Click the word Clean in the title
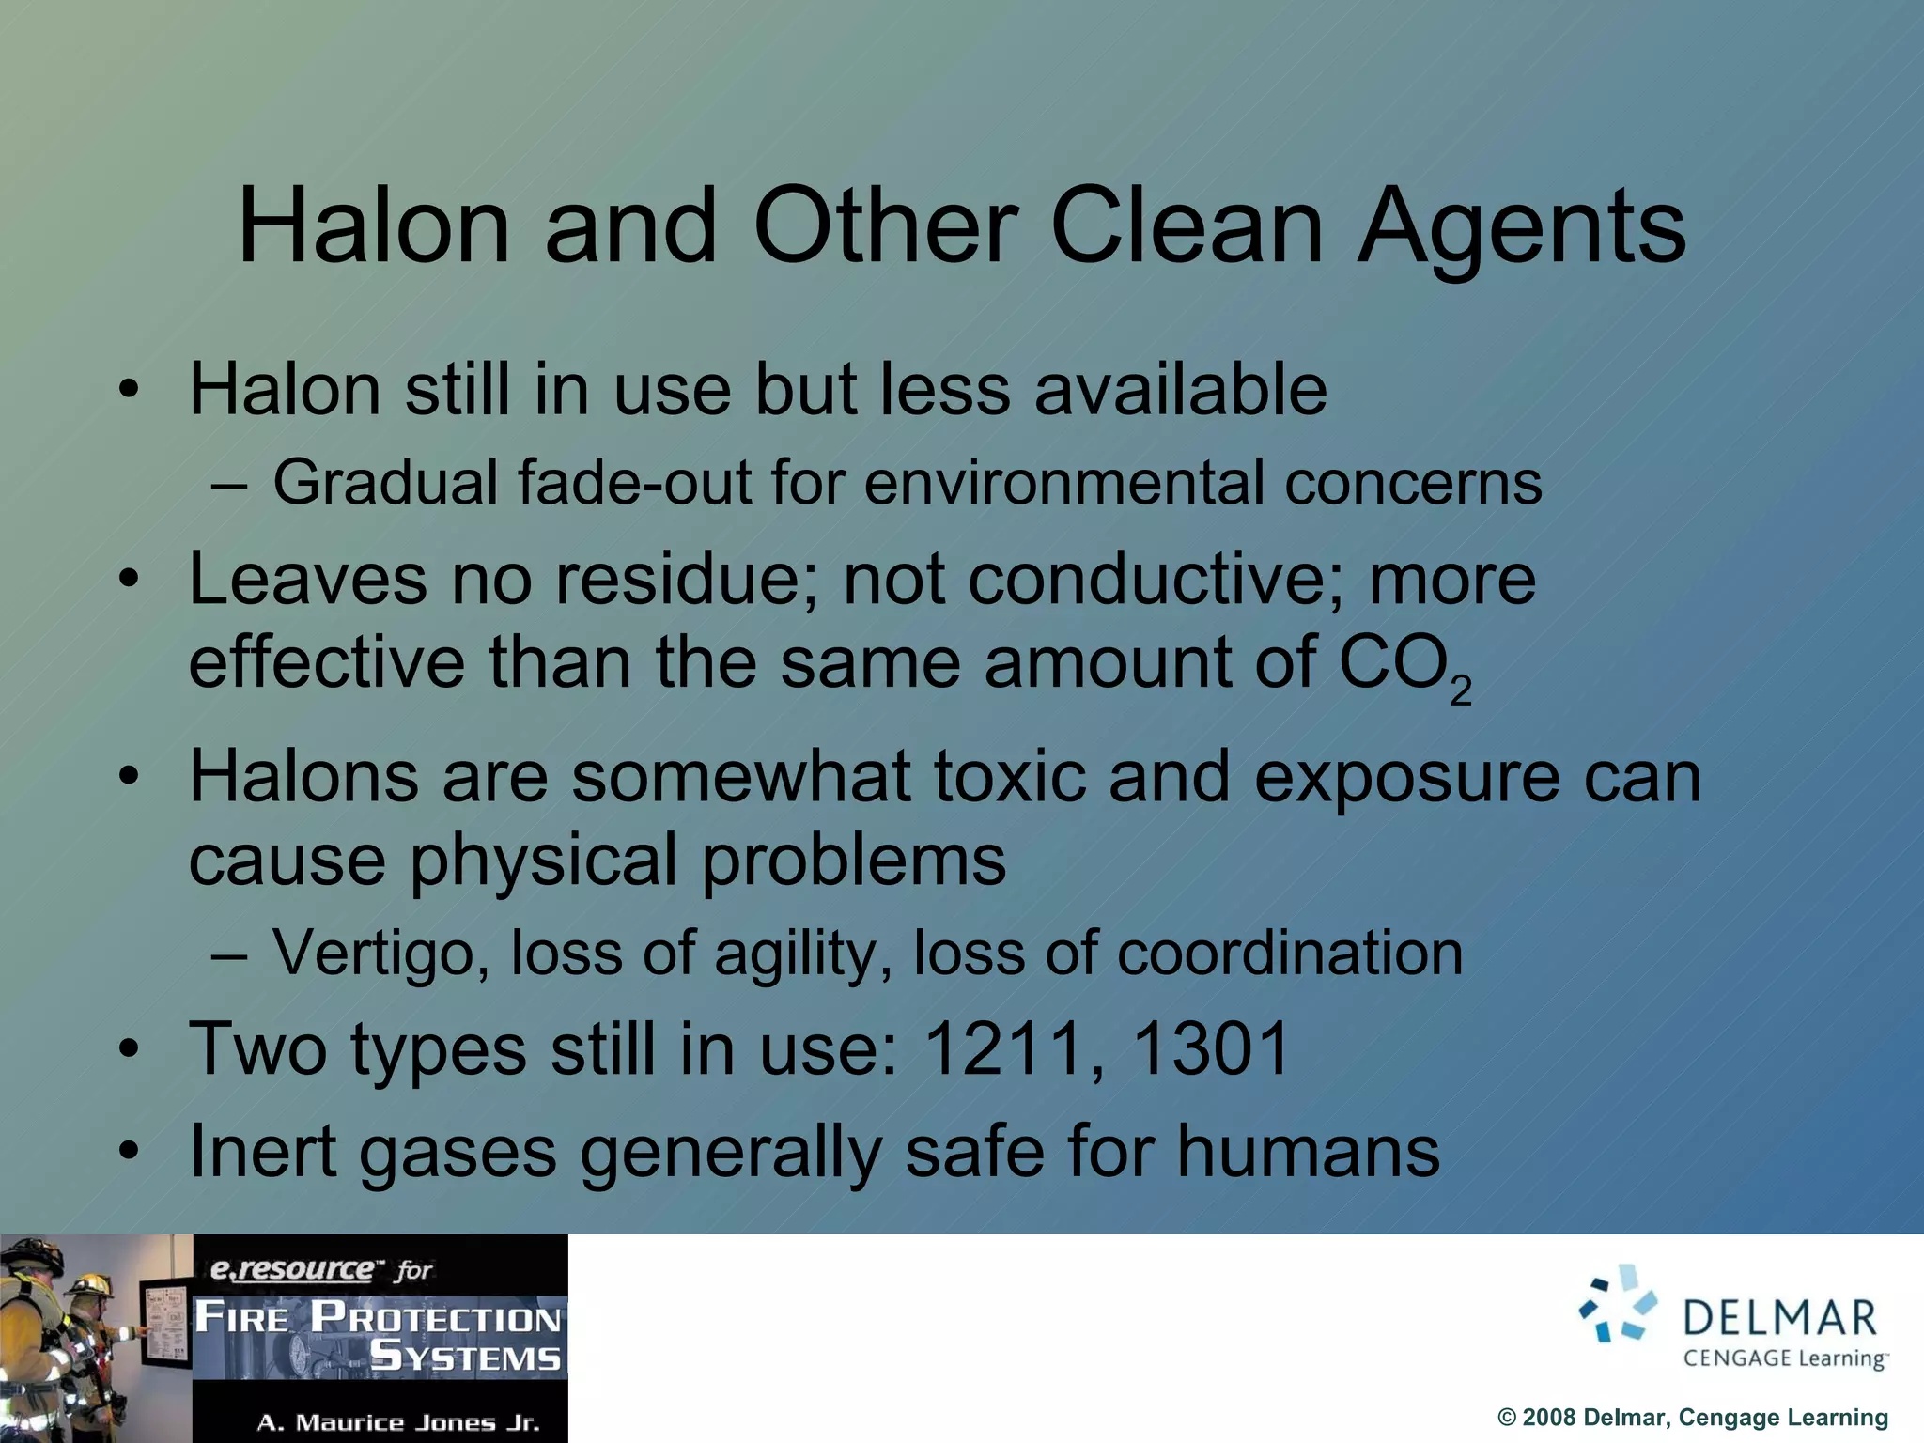1187,226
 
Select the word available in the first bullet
1181,389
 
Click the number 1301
1212,1048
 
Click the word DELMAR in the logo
1779,1318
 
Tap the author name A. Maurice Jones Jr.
398,1422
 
